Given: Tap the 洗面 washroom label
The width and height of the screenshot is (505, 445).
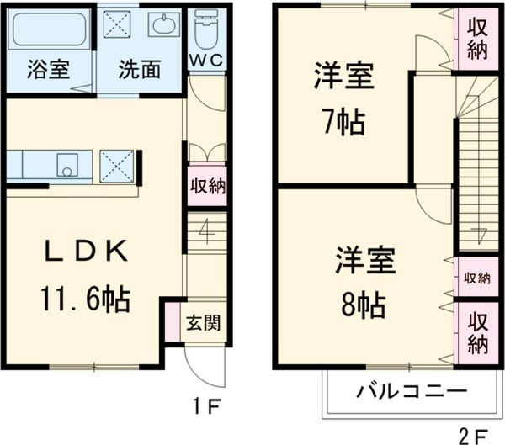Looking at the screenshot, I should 139,70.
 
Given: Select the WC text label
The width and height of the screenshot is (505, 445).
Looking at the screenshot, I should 205,61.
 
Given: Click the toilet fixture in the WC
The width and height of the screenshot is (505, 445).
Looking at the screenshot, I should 205,30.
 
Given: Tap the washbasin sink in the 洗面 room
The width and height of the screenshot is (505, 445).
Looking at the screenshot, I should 163,26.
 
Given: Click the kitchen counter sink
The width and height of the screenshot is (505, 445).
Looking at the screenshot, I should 66,164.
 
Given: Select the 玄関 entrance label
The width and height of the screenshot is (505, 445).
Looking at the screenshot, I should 202,321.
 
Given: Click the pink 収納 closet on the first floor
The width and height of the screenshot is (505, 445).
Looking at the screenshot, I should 205,186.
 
